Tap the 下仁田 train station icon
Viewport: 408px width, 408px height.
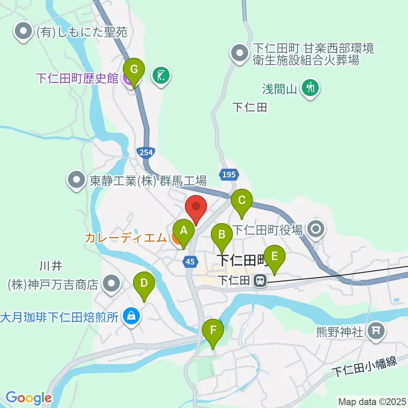pyautogui.click(x=258, y=280)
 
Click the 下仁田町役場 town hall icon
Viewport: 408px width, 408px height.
pyautogui.click(x=316, y=229)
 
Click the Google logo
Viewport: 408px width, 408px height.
pyautogui.click(x=28, y=398)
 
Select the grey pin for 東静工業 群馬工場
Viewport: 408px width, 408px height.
pyautogui.click(x=77, y=181)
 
